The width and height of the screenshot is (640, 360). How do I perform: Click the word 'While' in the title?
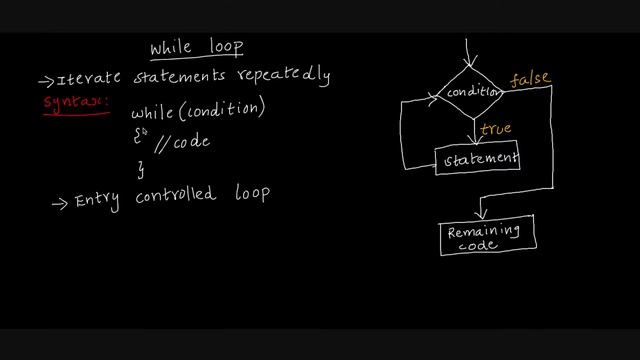coord(170,47)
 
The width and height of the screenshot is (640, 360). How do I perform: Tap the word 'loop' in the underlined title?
coord(224,48)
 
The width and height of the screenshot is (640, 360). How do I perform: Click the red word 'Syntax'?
coord(74,102)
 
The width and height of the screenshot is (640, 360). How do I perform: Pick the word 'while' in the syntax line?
coord(152,112)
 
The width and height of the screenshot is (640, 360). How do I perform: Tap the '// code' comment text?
coord(184,142)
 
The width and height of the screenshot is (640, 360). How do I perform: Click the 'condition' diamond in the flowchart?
coord(472,92)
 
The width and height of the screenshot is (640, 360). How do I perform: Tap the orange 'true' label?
coord(496,129)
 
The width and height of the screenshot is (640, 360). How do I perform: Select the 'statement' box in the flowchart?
coord(477,159)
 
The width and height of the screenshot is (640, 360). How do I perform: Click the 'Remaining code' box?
coord(487,236)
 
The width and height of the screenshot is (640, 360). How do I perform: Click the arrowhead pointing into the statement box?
coord(475,143)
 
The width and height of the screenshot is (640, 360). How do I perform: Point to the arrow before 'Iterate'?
coord(46,81)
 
